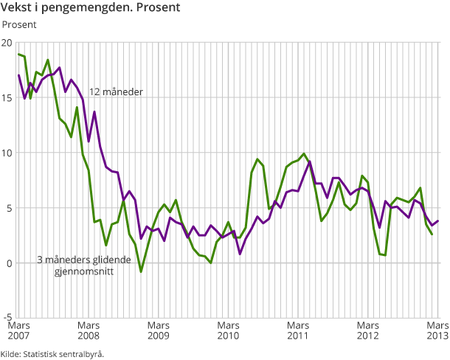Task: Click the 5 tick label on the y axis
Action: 10,208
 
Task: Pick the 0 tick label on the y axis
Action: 10,263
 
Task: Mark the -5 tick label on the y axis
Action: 8,319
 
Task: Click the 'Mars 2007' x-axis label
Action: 18,330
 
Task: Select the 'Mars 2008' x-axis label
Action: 89,330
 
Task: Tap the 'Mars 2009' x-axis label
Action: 159,330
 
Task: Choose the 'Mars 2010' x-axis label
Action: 228,330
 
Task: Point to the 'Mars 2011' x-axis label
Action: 298,330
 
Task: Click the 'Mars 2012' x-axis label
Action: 367,330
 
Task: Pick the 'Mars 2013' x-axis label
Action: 436,330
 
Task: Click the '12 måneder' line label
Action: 116,92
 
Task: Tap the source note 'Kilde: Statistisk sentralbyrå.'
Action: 52,353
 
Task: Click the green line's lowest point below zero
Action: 141,271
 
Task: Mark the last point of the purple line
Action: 438,221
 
